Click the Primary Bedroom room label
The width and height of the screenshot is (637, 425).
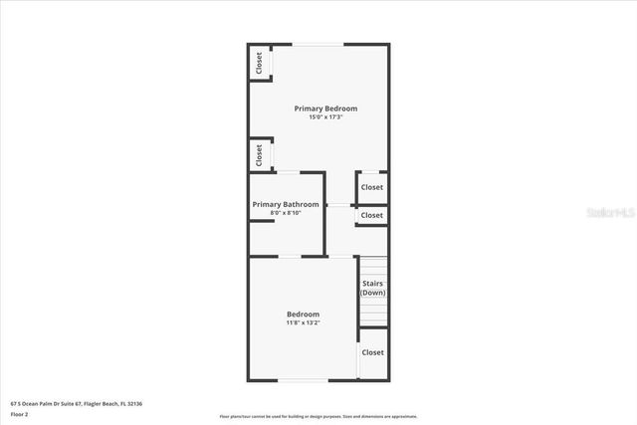coord(325,107)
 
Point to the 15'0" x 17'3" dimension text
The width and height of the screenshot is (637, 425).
coord(325,117)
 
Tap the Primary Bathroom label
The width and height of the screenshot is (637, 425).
coord(286,204)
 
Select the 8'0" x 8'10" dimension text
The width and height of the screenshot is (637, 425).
coord(286,213)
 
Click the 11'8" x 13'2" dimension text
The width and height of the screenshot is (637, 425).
coord(304,322)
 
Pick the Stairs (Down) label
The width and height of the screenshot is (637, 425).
coord(372,289)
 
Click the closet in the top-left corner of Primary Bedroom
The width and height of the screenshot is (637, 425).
coord(259,63)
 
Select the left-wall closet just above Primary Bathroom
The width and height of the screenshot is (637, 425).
coord(259,154)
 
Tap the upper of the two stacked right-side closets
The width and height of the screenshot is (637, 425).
coord(372,187)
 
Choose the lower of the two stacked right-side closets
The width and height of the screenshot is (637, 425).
coord(372,215)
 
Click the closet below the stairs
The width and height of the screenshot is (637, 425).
coord(372,352)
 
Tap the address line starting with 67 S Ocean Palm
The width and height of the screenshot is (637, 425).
coord(77,403)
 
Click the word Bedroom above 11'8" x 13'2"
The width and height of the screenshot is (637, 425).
coord(304,314)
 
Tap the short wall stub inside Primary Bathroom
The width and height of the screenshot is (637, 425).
coord(261,221)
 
